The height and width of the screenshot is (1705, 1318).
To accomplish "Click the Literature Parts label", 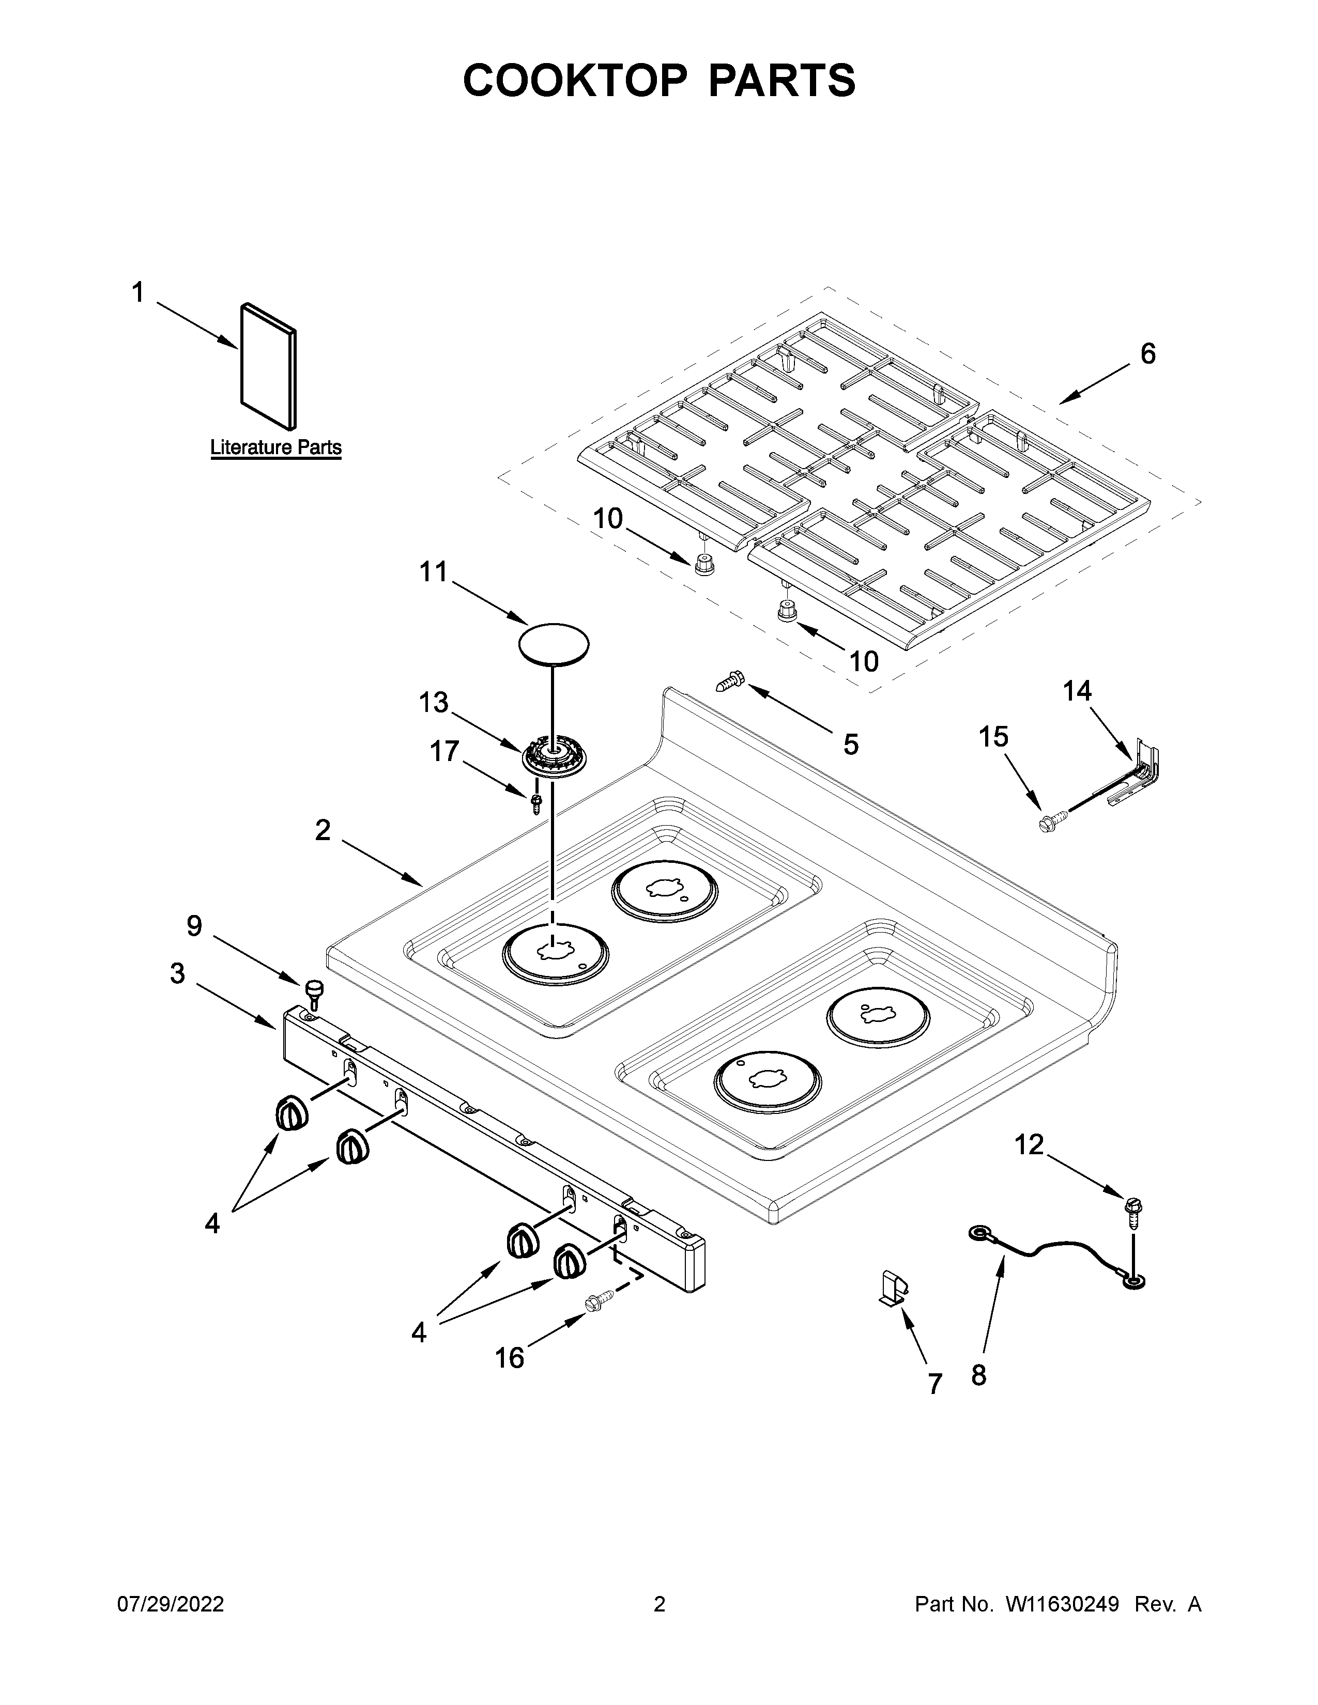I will tap(275, 447).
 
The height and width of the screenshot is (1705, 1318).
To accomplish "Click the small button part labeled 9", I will tap(315, 990).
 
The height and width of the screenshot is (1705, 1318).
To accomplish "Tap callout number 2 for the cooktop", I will tap(323, 830).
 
